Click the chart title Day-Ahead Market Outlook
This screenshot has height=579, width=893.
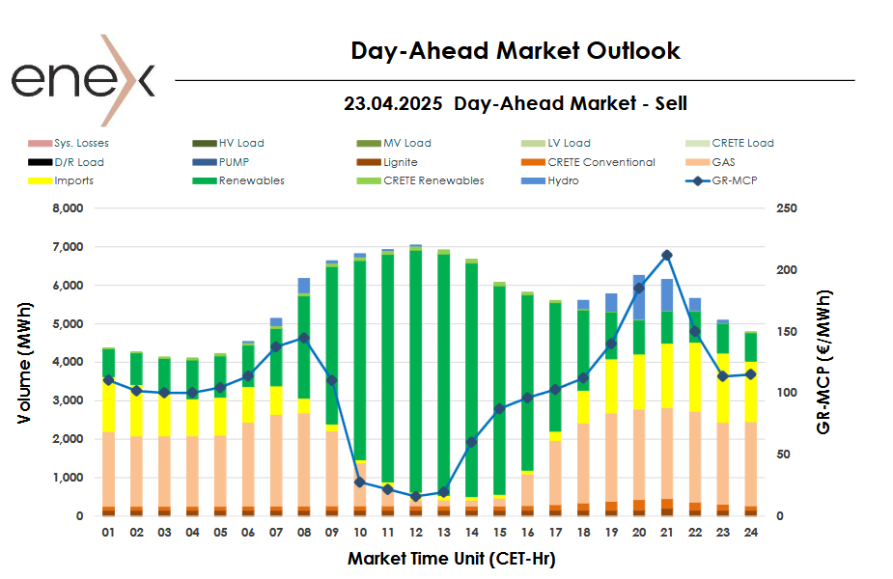[516, 51]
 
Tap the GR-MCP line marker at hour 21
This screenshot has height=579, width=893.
[667, 255]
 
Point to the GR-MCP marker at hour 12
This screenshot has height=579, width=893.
[416, 496]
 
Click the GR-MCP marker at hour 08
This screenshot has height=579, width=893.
[304, 338]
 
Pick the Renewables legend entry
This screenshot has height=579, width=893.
[251, 180]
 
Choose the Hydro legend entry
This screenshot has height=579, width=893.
[563, 180]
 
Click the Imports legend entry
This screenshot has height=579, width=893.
[73, 180]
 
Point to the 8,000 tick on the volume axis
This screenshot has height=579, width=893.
[68, 208]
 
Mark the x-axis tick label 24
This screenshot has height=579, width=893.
[750, 532]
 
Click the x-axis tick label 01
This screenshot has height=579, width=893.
[108, 532]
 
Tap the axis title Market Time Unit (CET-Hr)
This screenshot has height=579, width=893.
[451, 558]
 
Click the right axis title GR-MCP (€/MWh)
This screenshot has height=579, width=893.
[823, 362]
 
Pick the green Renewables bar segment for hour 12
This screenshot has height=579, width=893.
[416, 367]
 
